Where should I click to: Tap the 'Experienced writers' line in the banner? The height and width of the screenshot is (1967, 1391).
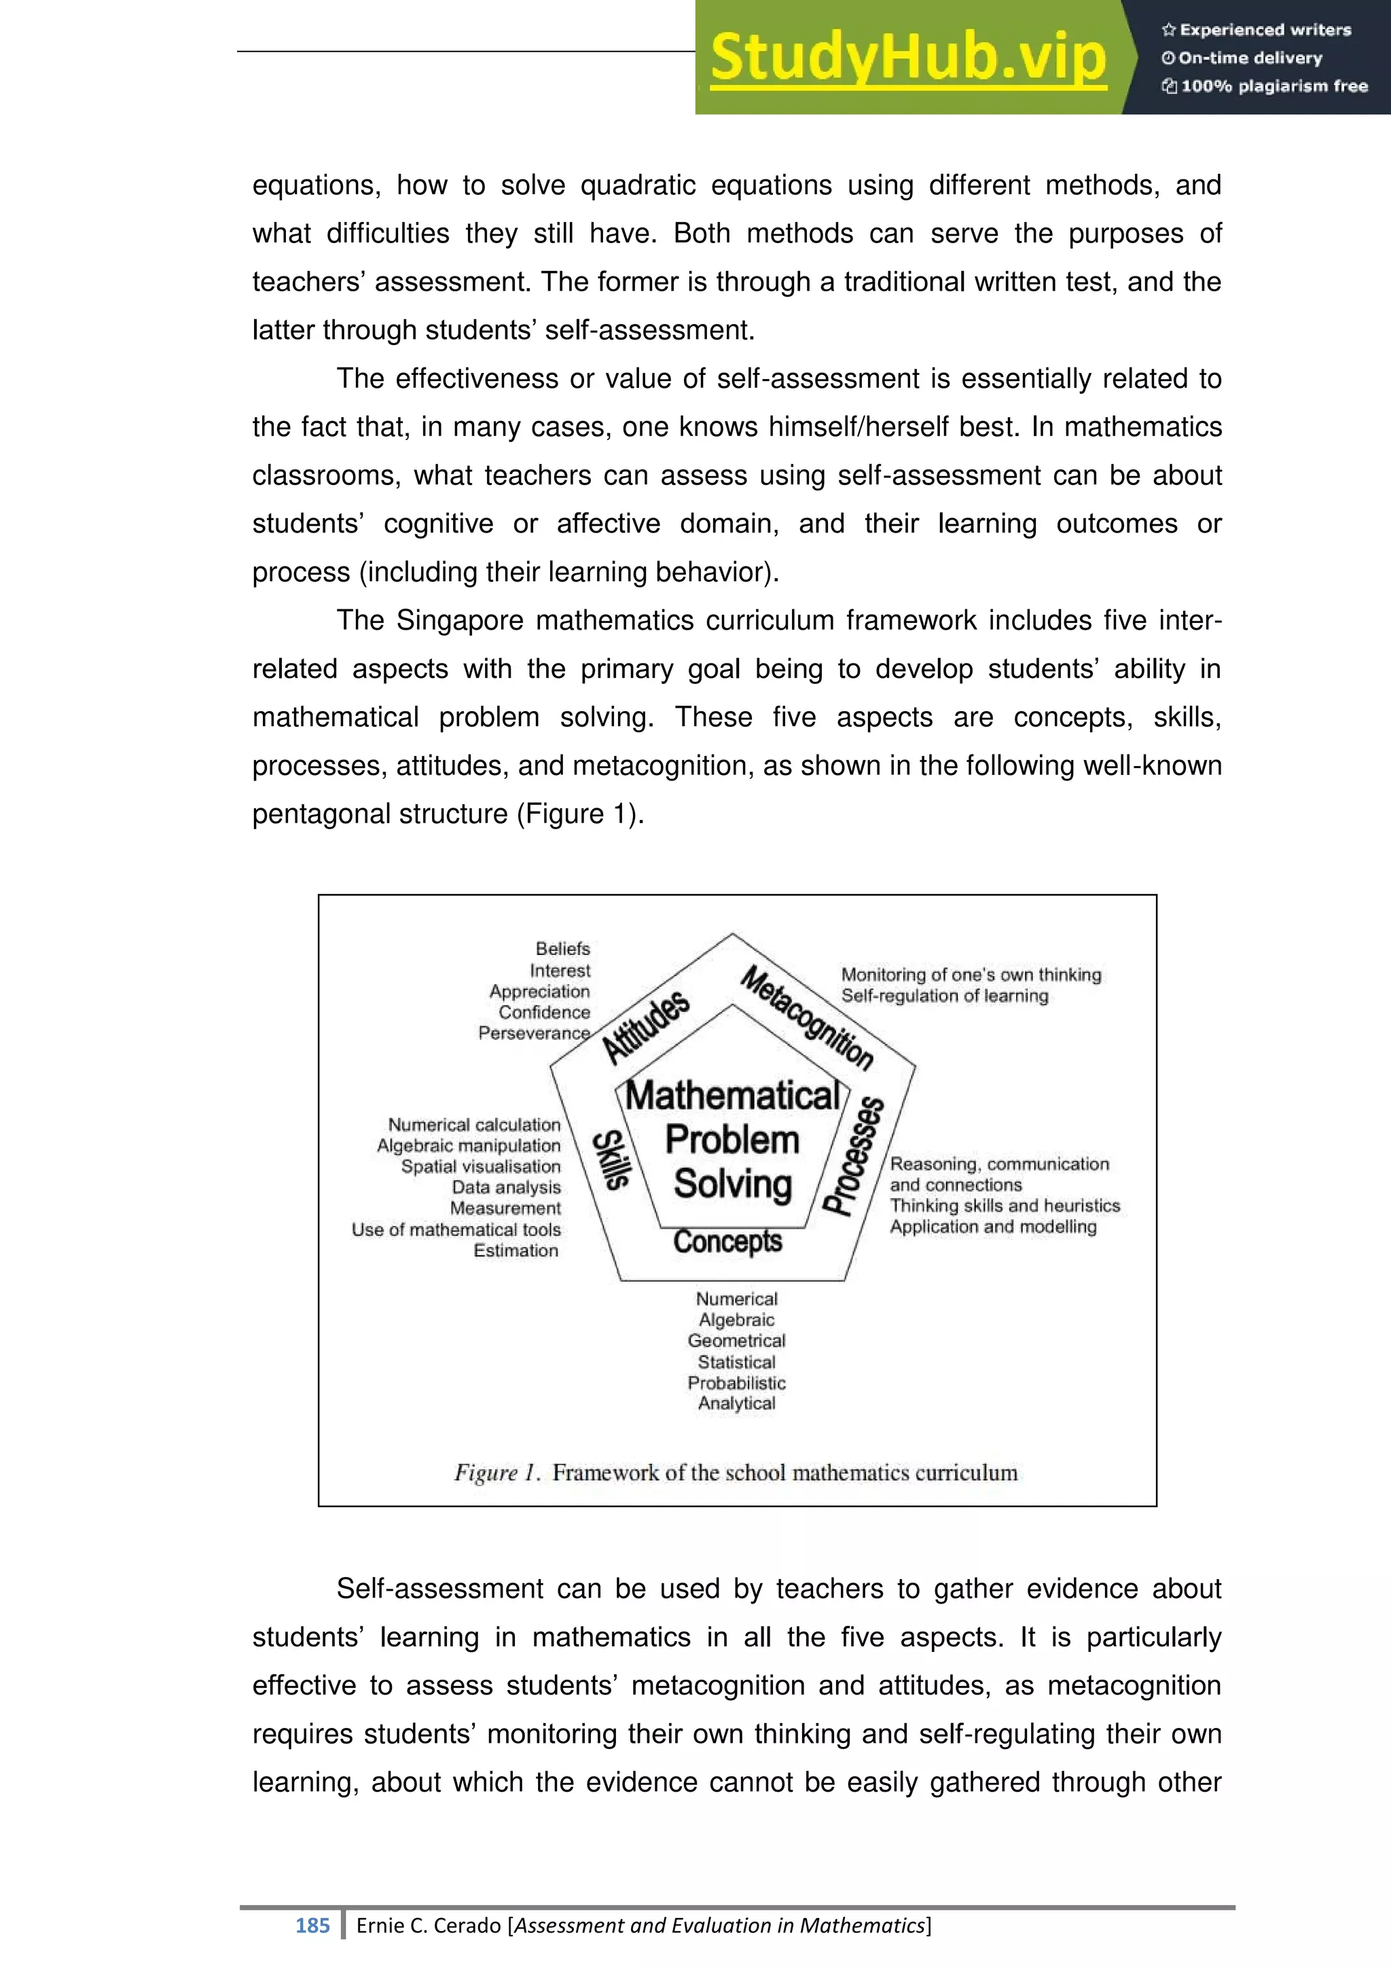1257,30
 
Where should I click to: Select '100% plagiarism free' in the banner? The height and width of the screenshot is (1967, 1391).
1266,86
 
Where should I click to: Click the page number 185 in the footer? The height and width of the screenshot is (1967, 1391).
312,1926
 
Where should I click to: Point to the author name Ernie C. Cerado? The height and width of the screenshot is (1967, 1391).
429,1926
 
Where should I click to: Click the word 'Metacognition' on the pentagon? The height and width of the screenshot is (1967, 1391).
807,1017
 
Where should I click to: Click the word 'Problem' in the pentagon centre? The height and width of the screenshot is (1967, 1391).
731,1140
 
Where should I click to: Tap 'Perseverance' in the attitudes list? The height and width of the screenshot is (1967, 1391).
534,1033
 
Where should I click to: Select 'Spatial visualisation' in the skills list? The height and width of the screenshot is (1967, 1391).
480,1166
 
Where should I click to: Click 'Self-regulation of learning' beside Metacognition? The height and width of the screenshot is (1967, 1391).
944,996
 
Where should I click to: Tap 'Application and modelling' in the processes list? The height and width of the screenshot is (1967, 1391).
993,1227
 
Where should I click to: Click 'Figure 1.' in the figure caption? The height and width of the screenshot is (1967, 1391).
496,1473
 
